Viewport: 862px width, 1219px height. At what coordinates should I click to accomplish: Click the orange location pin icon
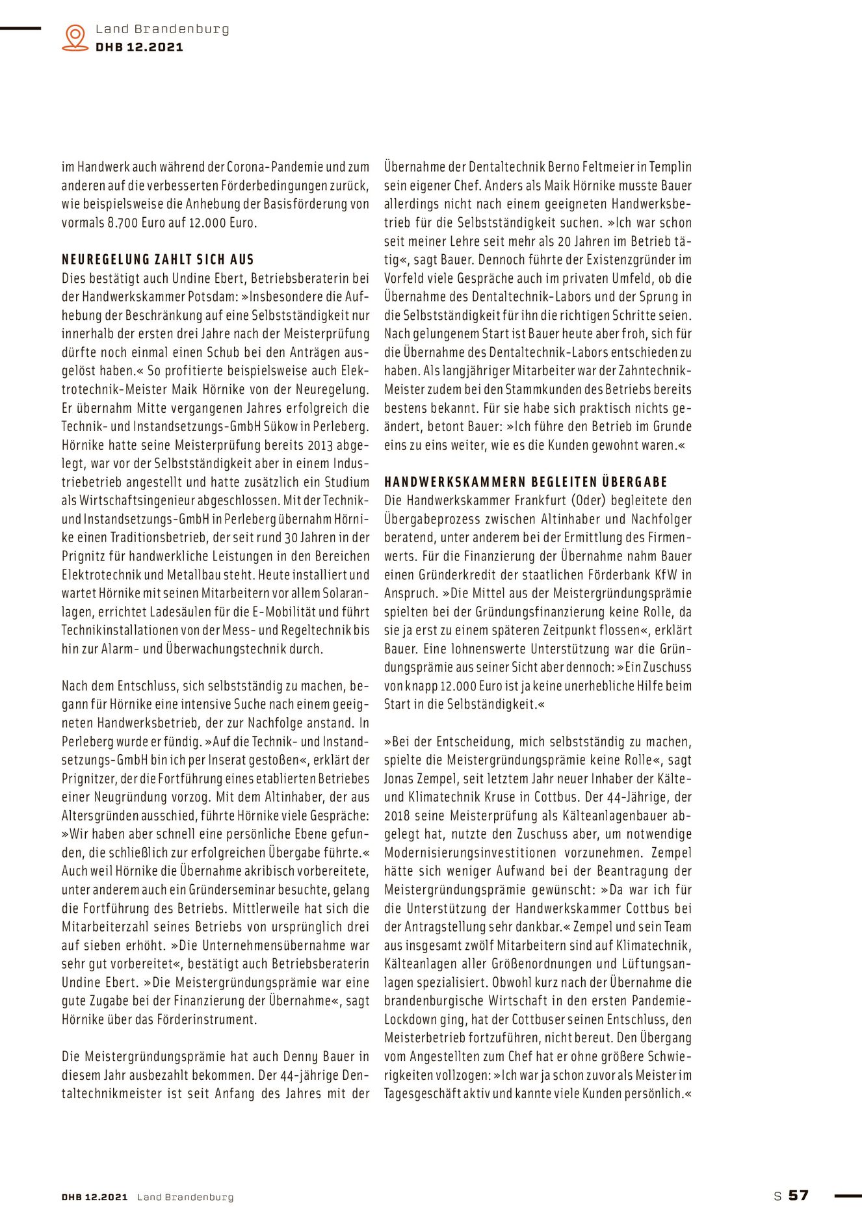[75, 38]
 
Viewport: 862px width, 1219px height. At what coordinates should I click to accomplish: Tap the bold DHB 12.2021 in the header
[139, 47]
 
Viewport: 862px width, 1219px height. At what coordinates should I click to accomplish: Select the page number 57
[798, 1195]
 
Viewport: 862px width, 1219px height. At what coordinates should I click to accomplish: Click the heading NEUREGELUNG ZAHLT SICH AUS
[158, 259]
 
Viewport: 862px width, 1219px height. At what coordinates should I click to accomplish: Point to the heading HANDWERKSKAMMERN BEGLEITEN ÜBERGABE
[525, 482]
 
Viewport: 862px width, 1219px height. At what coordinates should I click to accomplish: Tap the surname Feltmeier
[601, 166]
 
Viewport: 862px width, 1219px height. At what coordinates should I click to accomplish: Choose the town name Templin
[670, 166]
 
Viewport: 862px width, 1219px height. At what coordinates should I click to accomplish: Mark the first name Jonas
[399, 779]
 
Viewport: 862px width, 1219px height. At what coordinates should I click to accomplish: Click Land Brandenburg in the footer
[185, 1197]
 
